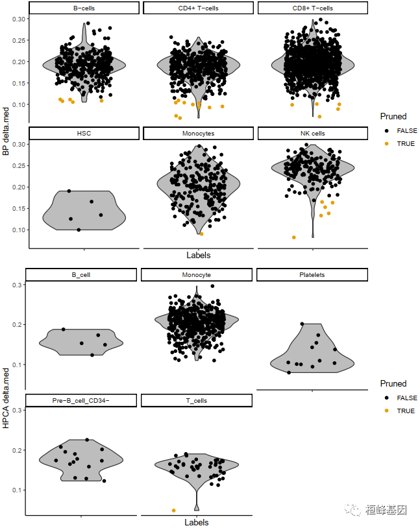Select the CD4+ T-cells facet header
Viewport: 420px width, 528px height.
[198, 8]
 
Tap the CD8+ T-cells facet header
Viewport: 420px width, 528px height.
[312, 8]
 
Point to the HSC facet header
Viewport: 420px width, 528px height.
[84, 133]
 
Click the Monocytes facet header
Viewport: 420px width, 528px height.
[198, 133]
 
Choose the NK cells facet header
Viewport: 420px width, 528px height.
[312, 133]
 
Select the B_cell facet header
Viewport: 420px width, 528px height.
[81, 274]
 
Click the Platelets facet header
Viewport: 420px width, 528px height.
[312, 274]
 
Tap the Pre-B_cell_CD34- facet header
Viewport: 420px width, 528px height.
[81, 400]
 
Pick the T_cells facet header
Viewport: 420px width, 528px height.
[197, 400]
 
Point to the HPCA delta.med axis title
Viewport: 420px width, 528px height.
[6, 396]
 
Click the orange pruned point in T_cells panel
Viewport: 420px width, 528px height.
[173, 510]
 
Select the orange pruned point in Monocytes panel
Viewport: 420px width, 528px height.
[201, 234]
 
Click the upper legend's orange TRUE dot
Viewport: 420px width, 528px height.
[387, 144]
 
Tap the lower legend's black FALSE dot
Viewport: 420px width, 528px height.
[387, 398]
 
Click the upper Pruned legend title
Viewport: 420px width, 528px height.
[393, 117]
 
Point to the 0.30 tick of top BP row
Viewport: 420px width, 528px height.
[19, 19]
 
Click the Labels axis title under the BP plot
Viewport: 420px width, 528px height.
[198, 255]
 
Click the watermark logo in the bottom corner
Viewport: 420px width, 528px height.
[355, 510]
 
